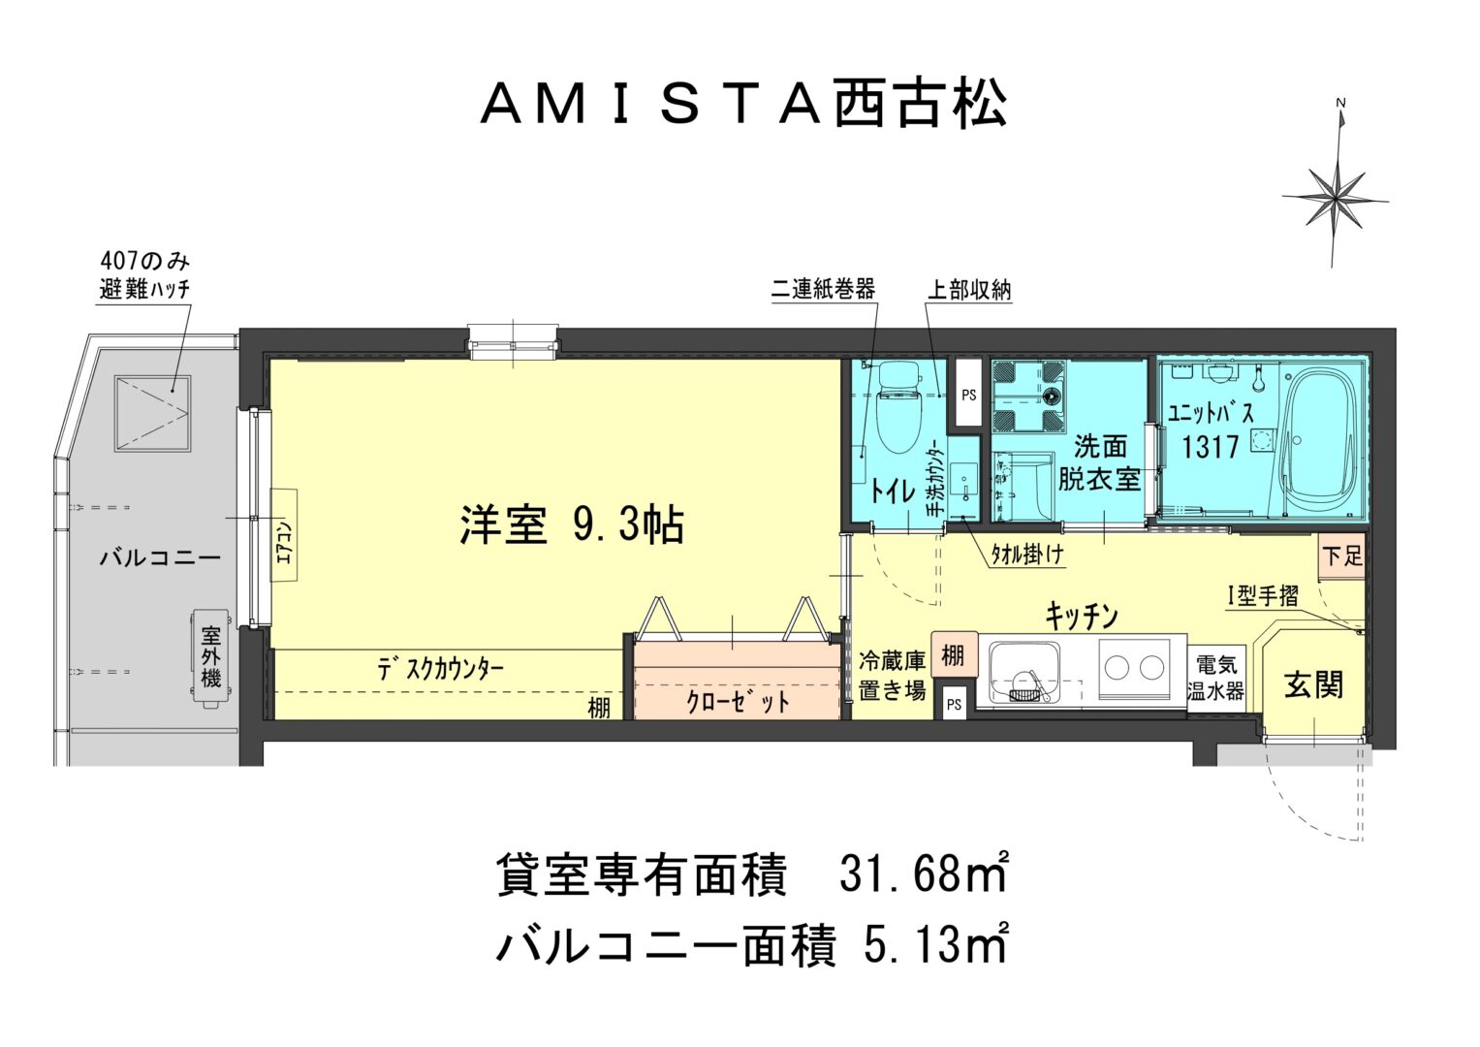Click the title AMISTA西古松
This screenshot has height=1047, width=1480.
(743, 105)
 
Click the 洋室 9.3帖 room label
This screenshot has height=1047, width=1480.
(572, 525)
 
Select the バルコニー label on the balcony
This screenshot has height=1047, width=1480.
(160, 558)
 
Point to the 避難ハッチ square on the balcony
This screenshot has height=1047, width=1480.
(152, 414)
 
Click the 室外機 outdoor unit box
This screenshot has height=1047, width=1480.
(210, 657)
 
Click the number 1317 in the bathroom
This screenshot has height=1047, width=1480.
(1210, 447)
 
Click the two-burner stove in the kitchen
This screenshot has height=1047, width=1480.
(1134, 668)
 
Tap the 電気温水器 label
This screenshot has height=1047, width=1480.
(1215, 678)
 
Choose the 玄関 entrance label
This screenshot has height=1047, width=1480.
(1313, 684)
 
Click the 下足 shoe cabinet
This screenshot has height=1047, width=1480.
(1342, 555)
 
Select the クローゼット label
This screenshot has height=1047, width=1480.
(738, 702)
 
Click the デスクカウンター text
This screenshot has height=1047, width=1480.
(441, 670)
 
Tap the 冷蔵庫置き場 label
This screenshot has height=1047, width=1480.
(892, 675)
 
